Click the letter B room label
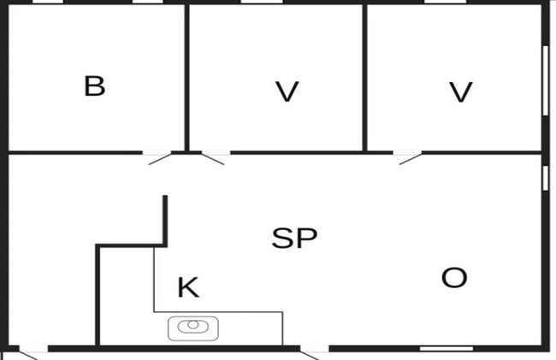point(95,86)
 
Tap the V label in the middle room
point(287,91)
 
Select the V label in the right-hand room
point(460,91)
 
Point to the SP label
point(294,238)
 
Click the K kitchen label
point(188,287)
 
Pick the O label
point(454,277)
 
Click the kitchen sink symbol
point(193,328)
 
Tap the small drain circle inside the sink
point(193,324)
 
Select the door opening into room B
point(160,159)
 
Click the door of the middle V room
point(213,159)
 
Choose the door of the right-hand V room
point(411,159)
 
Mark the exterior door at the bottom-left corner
point(28,354)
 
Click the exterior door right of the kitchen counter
point(310,354)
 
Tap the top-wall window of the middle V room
point(262,2)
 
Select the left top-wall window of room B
point(48,2)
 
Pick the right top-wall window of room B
point(147,2)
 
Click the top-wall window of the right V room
point(446,2)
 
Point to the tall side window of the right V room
point(546,80)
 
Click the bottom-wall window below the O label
point(447,349)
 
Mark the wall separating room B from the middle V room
point(186,78)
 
